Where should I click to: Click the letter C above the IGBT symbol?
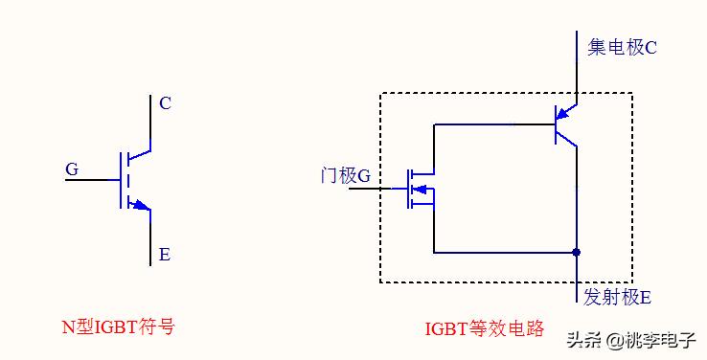(x=166, y=103)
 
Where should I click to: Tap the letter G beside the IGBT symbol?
(x=72, y=169)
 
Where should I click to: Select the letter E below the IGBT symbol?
(x=165, y=255)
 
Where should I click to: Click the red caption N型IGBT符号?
(x=119, y=326)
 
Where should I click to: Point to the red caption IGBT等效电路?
(x=484, y=328)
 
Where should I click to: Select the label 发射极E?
(x=617, y=297)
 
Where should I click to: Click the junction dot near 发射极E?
(x=576, y=253)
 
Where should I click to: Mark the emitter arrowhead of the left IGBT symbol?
(x=142, y=204)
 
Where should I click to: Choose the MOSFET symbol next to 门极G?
(x=418, y=187)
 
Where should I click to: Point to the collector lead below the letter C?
(x=150, y=124)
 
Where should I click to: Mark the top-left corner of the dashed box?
(x=380, y=93)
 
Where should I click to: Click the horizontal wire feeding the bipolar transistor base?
(x=493, y=124)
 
